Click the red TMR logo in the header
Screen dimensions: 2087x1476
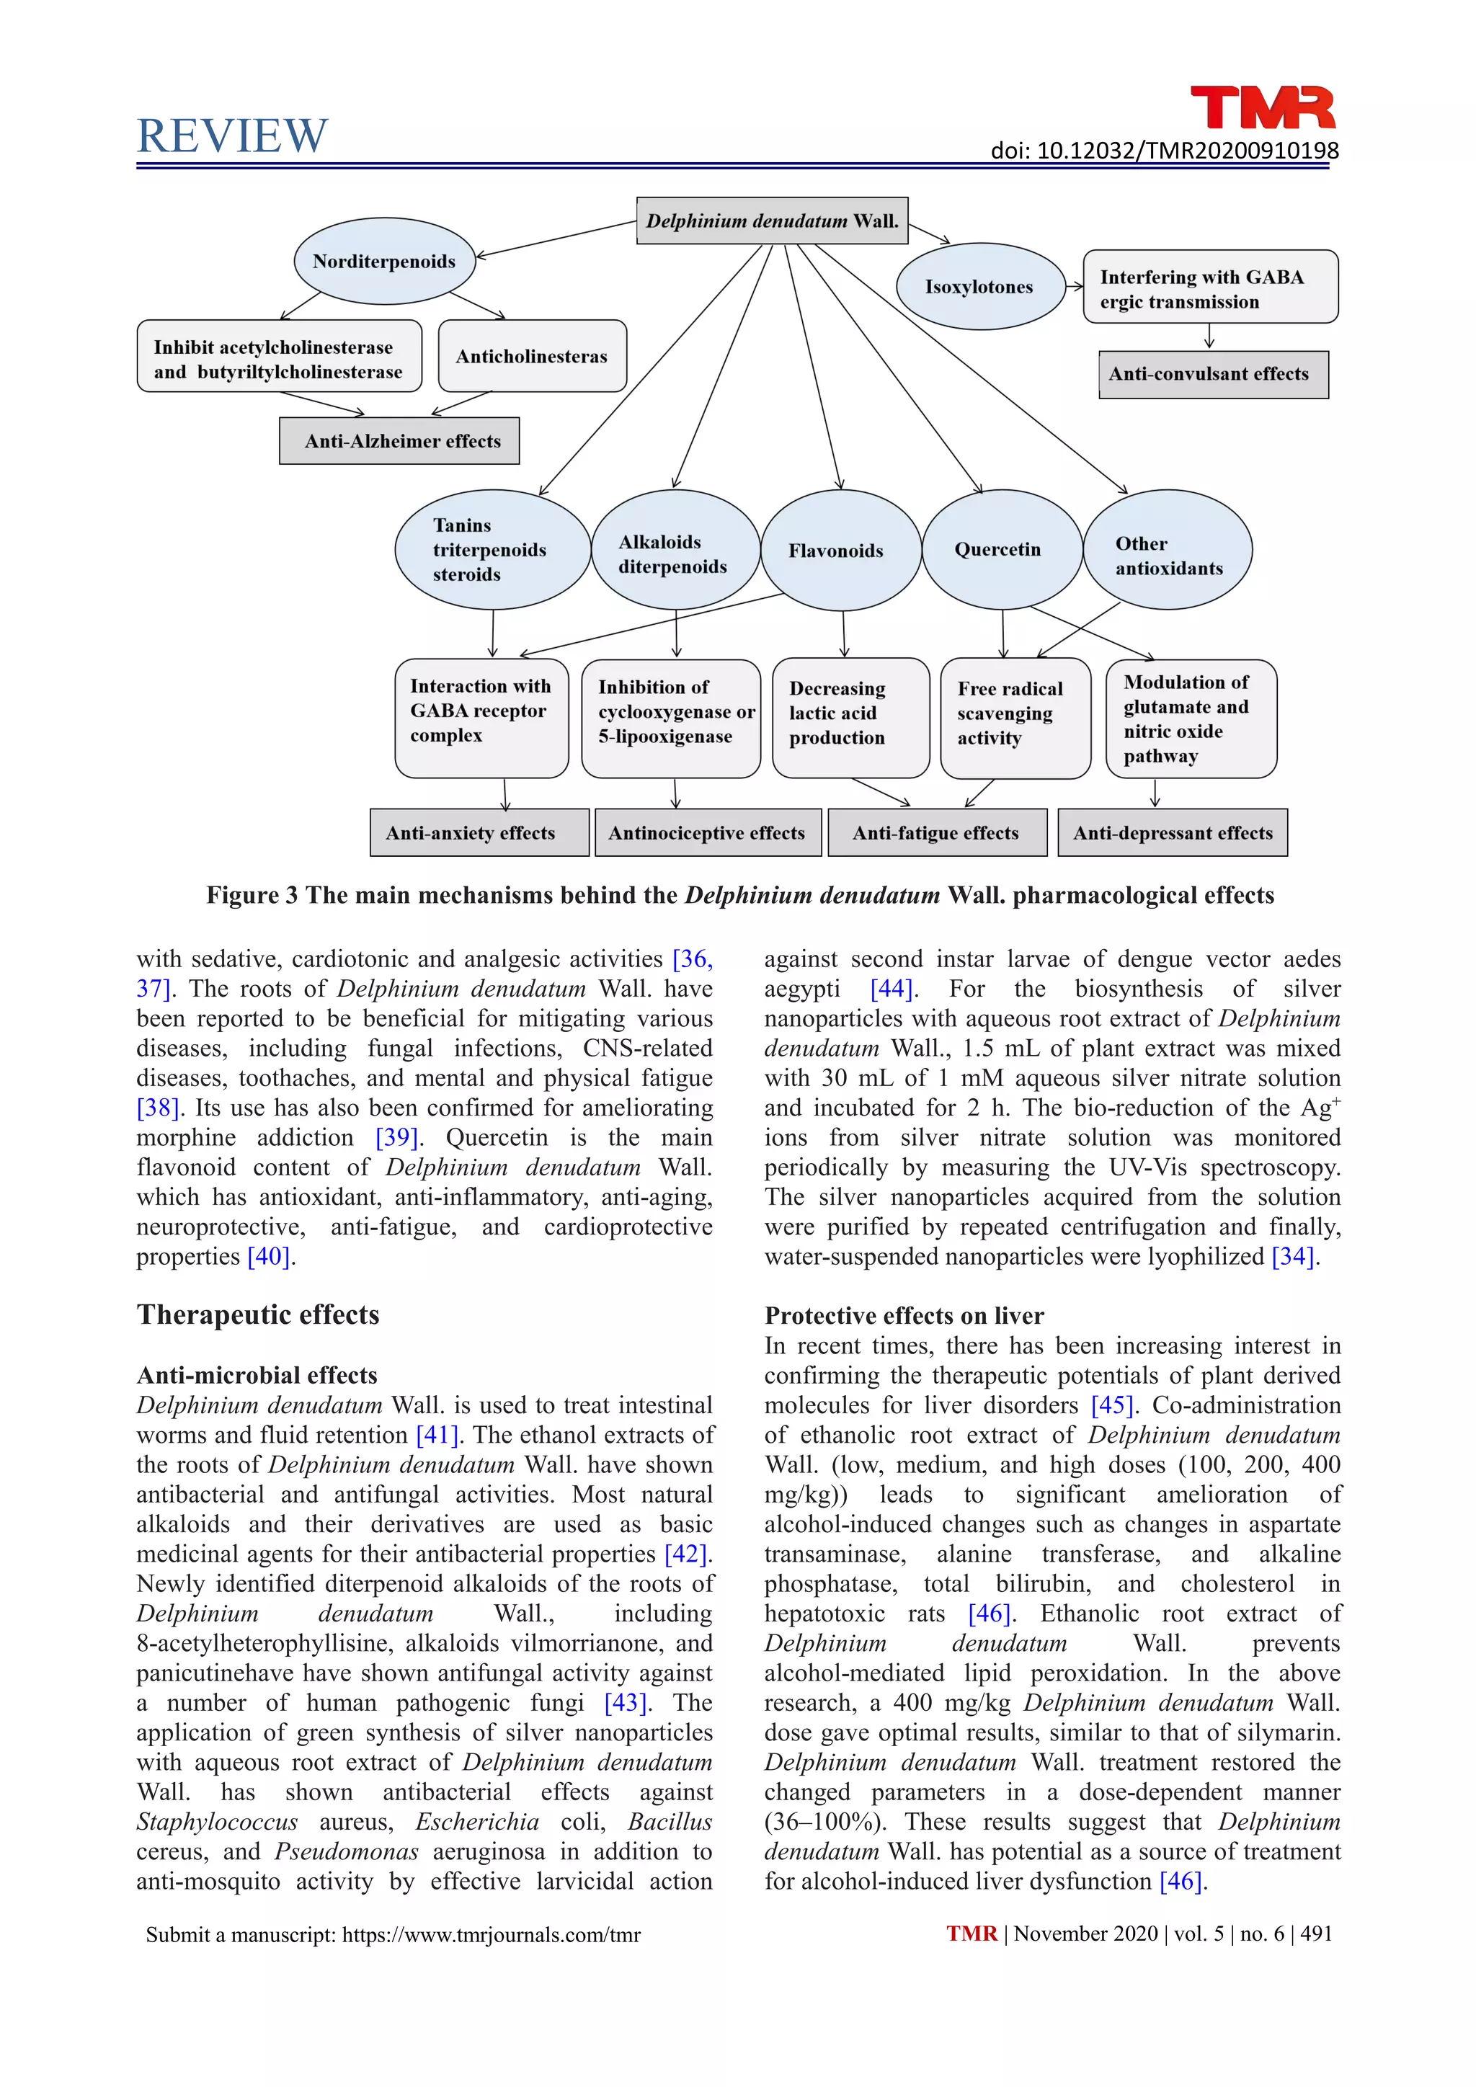[1263, 107]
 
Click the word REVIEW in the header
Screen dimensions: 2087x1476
[232, 136]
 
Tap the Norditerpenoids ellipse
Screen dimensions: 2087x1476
[384, 262]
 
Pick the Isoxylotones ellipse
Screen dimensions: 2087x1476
[979, 286]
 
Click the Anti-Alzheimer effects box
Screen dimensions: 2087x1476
[400, 441]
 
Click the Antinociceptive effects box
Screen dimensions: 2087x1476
[707, 832]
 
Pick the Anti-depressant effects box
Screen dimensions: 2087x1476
[1173, 832]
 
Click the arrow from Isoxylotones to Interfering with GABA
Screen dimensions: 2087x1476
[1075, 286]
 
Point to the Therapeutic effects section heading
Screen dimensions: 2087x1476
[258, 1314]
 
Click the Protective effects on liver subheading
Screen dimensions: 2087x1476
[904, 1315]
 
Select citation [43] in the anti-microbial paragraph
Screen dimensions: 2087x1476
[626, 1701]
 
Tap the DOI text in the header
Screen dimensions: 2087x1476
[1164, 151]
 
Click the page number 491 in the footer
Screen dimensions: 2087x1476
[1316, 1934]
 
